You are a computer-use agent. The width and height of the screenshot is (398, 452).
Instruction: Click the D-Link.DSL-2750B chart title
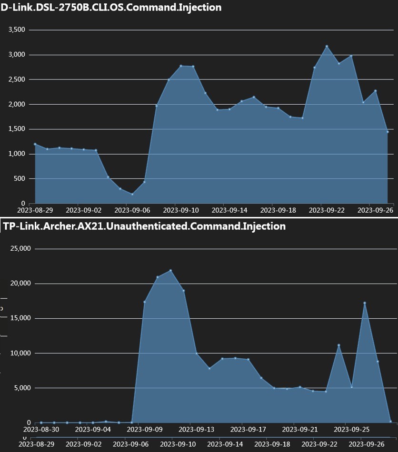(111, 8)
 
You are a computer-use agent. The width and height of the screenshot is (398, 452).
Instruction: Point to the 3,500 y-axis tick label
(17, 30)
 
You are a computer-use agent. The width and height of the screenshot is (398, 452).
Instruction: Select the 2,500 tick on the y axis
(17, 79)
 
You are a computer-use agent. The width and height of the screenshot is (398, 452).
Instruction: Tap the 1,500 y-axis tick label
(17, 129)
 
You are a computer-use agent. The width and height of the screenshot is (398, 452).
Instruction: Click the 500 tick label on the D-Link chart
(20, 179)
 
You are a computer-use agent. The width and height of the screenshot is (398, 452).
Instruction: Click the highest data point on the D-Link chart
(327, 46)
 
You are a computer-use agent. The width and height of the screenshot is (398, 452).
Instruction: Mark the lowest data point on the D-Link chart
(132, 194)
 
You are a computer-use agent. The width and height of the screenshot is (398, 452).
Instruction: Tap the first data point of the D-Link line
(35, 144)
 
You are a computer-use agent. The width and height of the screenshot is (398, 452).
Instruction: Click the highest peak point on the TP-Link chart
(170, 271)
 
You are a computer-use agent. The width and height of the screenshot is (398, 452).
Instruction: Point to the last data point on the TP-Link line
(390, 421)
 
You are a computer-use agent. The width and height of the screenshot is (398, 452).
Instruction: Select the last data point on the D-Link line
(388, 132)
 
